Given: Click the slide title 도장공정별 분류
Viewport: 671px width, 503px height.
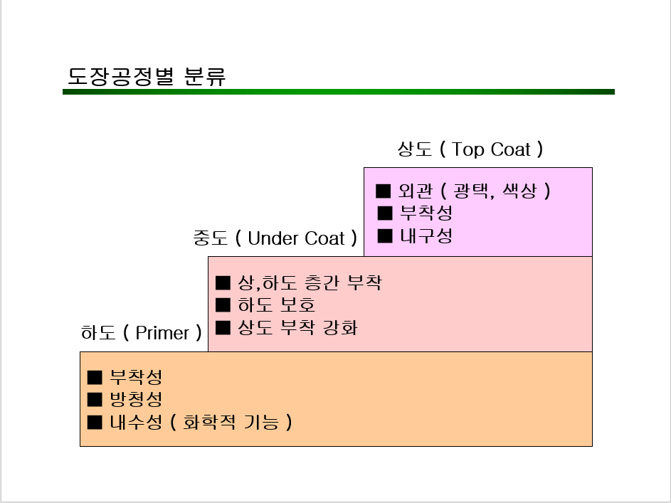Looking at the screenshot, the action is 147,76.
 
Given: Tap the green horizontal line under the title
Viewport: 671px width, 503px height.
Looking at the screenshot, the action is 338,92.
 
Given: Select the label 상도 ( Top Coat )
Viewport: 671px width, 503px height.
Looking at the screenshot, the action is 470,149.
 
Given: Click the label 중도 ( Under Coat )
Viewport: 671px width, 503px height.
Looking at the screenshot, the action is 275,238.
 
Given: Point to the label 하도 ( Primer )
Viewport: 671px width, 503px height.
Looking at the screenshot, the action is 141,333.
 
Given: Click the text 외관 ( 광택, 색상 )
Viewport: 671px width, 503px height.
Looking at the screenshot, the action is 475,191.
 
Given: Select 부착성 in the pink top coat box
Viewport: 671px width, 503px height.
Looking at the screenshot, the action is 426,213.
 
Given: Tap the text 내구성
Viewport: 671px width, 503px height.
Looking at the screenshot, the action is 426,235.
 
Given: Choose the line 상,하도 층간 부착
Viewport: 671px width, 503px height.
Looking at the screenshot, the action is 309,282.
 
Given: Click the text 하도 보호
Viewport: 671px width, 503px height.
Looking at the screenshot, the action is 276,305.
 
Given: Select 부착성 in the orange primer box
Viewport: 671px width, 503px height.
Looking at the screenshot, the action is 136,377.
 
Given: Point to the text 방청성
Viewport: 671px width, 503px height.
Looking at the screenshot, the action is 136,399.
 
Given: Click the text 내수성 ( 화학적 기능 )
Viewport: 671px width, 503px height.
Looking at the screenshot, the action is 201,422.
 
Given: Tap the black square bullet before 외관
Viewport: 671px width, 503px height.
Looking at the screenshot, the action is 384,191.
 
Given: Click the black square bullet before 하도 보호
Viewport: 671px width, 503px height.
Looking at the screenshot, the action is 223,305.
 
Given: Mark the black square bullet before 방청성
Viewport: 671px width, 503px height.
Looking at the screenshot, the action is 95,399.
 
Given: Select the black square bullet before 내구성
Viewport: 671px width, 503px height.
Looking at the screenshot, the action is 385,235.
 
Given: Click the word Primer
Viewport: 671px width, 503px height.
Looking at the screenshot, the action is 162,333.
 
